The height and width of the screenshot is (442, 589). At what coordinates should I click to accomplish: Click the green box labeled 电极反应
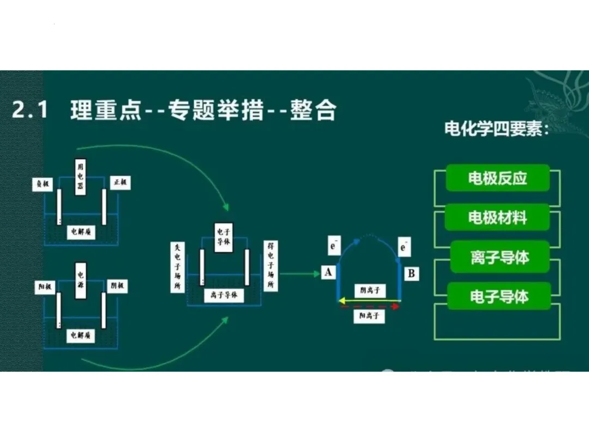(497, 178)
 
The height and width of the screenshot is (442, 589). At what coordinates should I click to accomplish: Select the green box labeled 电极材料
(497, 217)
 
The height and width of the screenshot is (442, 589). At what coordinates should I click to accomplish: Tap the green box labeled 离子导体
(500, 257)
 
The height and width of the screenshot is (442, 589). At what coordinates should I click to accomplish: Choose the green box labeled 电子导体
(499, 297)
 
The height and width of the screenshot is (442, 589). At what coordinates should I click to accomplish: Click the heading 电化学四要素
(496, 130)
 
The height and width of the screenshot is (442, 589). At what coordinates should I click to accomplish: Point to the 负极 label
(43, 184)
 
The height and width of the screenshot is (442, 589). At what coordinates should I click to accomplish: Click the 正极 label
(120, 183)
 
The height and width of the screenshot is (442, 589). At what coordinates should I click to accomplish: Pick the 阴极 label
(117, 285)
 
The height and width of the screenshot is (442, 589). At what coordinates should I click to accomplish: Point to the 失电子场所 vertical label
(177, 267)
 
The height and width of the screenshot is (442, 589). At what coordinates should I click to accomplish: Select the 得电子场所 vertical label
(270, 266)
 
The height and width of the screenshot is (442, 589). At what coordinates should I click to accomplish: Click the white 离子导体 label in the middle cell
(224, 295)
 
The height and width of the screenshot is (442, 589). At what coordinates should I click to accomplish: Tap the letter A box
(328, 272)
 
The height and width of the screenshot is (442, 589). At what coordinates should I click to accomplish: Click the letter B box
(411, 273)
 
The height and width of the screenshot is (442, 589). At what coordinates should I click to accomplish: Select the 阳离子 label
(369, 316)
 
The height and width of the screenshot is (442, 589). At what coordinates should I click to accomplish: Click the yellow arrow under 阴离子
(369, 300)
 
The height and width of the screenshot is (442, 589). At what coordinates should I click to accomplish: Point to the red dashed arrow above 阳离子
(370, 307)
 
